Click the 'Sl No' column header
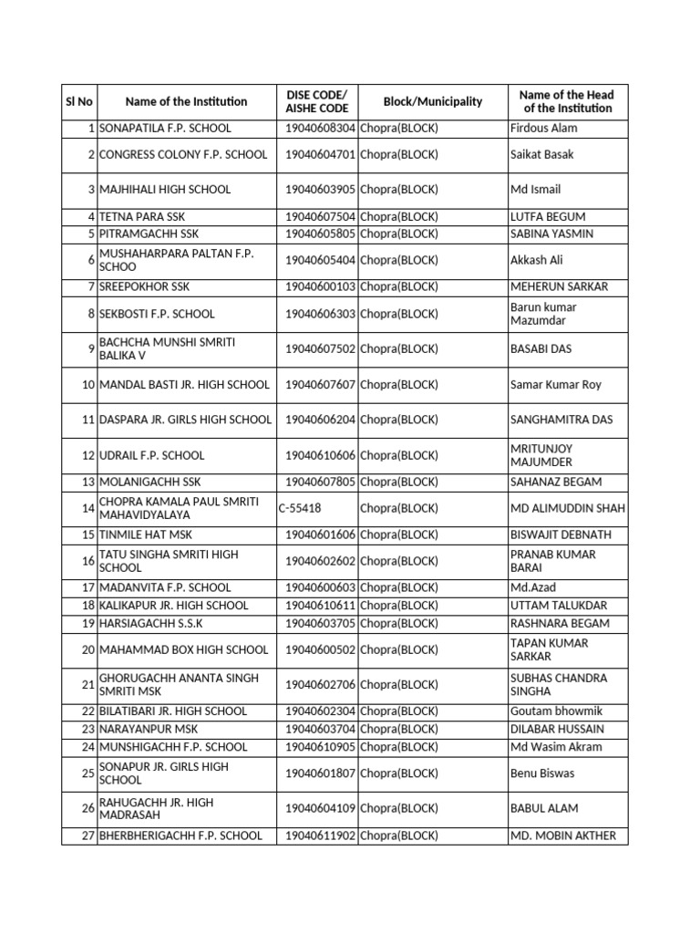[x=79, y=101]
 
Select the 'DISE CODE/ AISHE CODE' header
[x=316, y=101]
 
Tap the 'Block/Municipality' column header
[x=432, y=101]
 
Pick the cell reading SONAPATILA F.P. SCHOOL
[x=165, y=129]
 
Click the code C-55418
[x=300, y=508]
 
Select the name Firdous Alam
[x=543, y=129]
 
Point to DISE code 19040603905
[x=320, y=190]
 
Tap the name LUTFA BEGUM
[x=548, y=217]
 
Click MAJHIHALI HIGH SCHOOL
[x=165, y=190]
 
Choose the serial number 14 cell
[x=87, y=508]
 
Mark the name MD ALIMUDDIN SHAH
[x=568, y=508]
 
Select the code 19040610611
[x=320, y=606]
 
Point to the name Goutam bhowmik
[x=556, y=711]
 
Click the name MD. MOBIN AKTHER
[x=563, y=835]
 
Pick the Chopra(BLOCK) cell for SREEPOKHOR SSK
[x=398, y=287]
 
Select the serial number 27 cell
[x=87, y=835]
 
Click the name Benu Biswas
[x=542, y=773]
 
